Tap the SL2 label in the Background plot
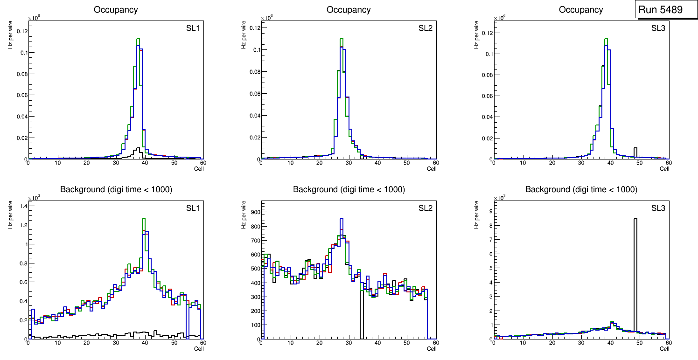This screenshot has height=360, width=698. coord(425,208)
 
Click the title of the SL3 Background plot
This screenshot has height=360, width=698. coord(581,189)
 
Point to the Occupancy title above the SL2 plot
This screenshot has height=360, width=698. coord(349,10)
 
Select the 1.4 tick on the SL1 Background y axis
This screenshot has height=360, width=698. coord(23,206)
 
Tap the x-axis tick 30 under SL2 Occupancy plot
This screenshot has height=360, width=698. coord(349,162)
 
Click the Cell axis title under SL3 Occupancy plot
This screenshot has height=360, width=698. coord(664,168)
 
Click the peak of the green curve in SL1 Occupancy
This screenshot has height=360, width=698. coord(138,39)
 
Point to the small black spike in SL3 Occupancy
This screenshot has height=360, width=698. coord(635,148)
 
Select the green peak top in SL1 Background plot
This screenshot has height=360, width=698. coord(144,219)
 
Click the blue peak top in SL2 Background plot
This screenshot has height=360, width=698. coord(341,219)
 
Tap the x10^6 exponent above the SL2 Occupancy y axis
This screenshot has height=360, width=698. coord(267,18)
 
